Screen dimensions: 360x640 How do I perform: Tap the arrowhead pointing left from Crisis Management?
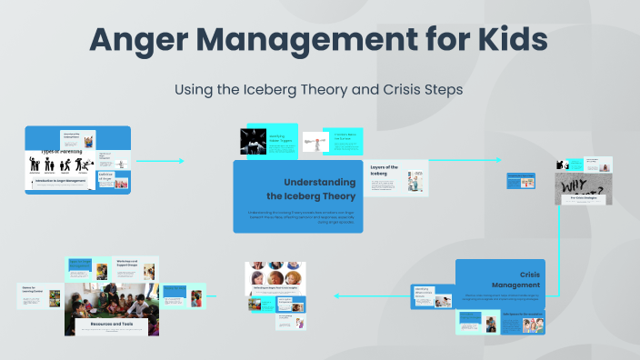[338, 295]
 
